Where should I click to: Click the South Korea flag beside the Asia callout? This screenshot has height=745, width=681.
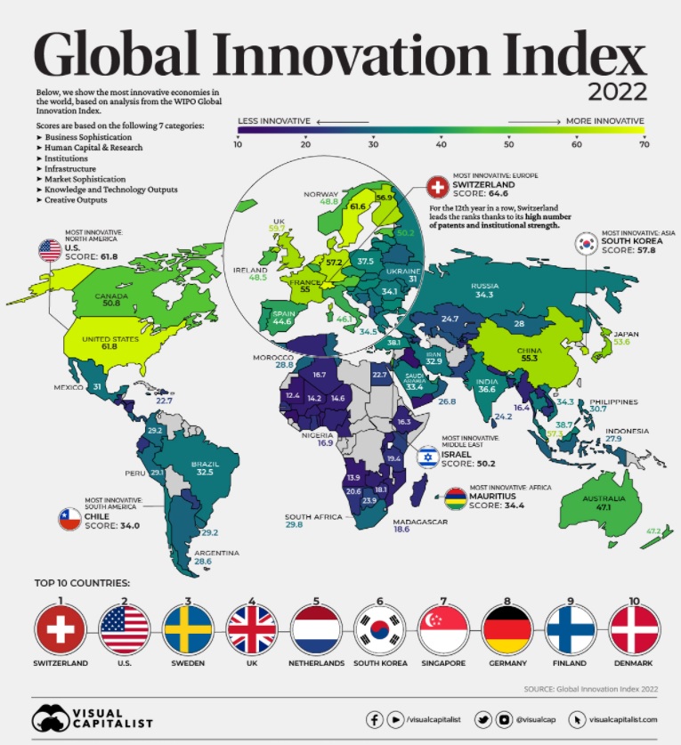tap(588, 244)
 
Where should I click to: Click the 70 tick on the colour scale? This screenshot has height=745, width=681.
tap(643, 143)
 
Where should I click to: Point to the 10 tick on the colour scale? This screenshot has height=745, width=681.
tap(239, 143)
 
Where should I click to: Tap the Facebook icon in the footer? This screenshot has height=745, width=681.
tap(375, 718)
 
